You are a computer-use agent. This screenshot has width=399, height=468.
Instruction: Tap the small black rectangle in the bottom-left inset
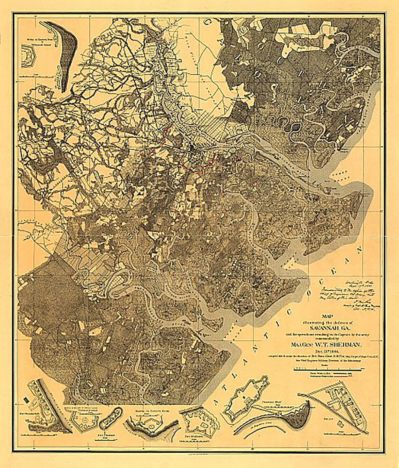click(x=26, y=399)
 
